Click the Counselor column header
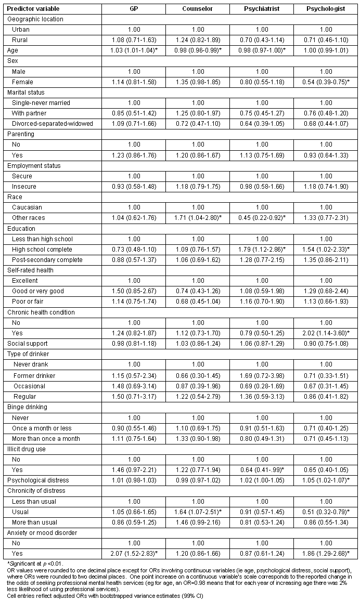coord(197,9)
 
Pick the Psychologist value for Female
coord(326,82)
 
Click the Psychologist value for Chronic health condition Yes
coord(326,333)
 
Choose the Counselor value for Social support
coord(197,343)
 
